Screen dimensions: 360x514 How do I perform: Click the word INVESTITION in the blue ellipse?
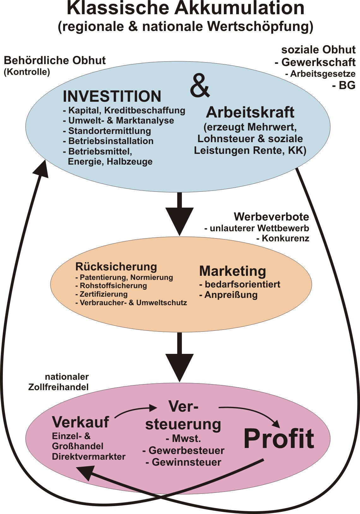click(x=112, y=96)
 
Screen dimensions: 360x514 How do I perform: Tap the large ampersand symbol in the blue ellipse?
click(x=200, y=85)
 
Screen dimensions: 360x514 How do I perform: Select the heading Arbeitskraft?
click(x=250, y=112)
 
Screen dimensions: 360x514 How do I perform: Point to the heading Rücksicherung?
click(x=116, y=267)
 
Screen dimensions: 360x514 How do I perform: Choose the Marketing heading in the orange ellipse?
click(x=232, y=271)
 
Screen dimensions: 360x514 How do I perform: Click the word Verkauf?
click(x=81, y=422)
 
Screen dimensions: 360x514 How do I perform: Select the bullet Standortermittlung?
click(x=107, y=131)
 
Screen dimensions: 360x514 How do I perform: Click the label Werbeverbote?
click(x=271, y=217)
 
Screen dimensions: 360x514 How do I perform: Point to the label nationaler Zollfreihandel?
click(x=58, y=382)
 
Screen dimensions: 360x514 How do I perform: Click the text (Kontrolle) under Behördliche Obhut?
click(x=27, y=72)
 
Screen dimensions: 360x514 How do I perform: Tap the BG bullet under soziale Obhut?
click(x=344, y=85)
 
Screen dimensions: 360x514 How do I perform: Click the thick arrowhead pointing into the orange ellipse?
click(x=180, y=221)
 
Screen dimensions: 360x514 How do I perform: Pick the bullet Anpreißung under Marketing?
click(x=228, y=295)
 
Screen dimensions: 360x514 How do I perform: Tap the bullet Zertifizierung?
click(x=101, y=294)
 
